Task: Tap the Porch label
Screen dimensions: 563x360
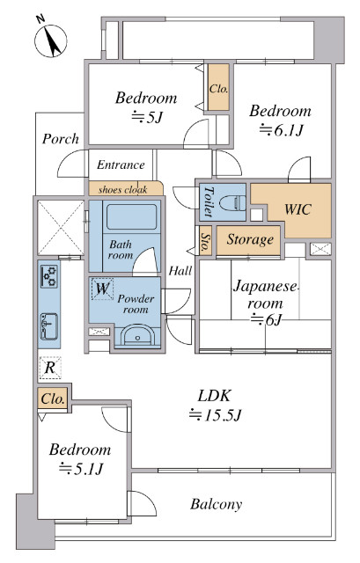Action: (60, 139)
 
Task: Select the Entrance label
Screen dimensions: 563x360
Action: (121, 165)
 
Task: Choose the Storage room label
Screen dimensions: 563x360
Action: (250, 239)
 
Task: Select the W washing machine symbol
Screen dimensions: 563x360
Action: (102, 288)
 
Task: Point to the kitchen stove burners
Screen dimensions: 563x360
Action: (48, 278)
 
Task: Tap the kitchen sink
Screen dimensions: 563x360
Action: (48, 326)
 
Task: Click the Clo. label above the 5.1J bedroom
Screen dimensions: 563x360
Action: (53, 398)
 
